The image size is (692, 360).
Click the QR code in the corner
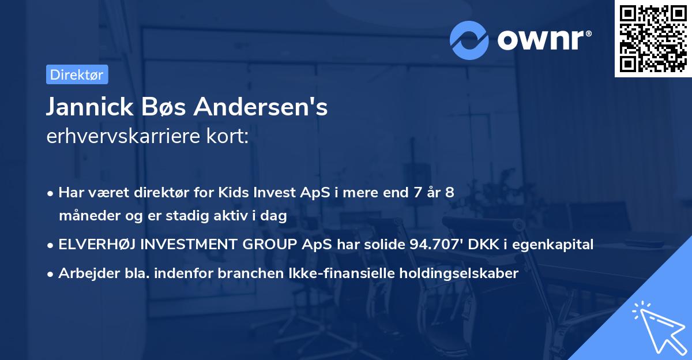tap(653, 39)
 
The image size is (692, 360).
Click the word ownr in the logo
tap(542, 39)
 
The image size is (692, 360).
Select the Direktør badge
tap(76, 74)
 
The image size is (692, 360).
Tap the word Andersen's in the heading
tap(261, 107)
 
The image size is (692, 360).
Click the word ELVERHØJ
tap(96, 245)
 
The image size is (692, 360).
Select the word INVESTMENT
tap(193, 245)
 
